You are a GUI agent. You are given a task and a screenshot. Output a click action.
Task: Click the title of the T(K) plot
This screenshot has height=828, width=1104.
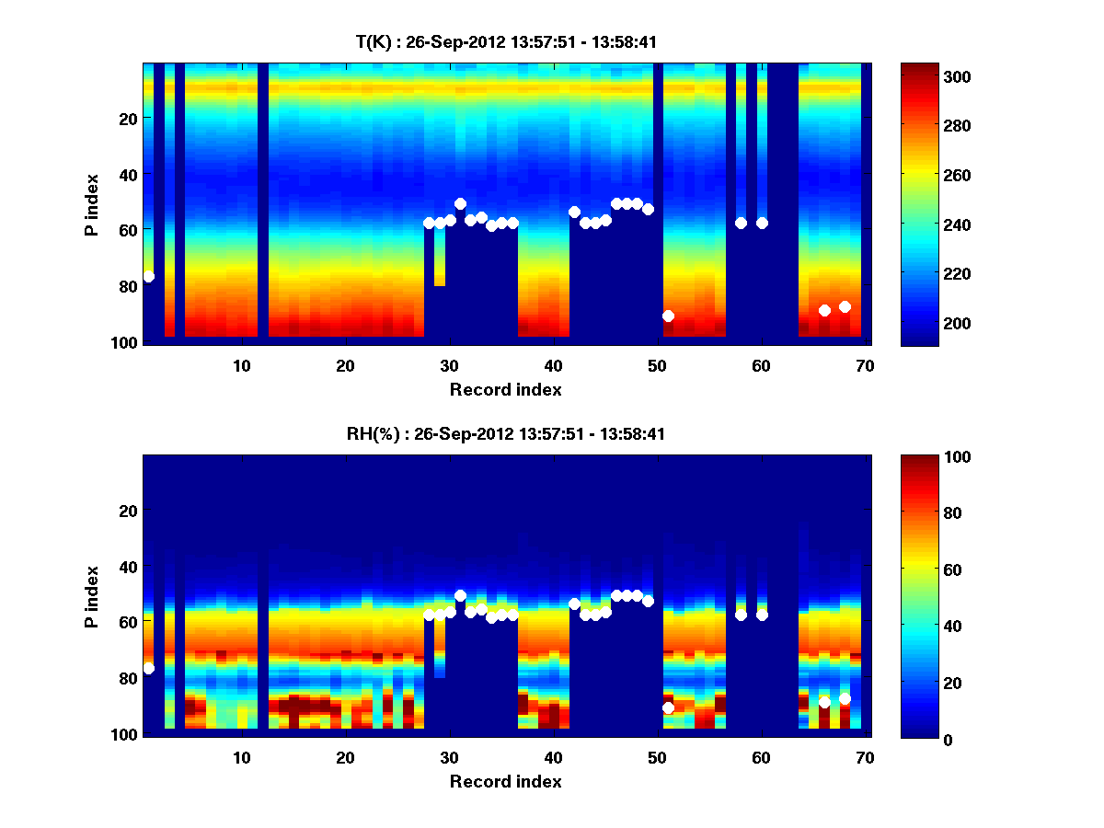pyautogui.click(x=506, y=42)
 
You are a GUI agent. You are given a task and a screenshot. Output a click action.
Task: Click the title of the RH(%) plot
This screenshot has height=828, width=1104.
pyautogui.click(x=506, y=434)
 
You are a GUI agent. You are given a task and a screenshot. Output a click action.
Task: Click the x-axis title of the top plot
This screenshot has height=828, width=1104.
pyautogui.click(x=506, y=389)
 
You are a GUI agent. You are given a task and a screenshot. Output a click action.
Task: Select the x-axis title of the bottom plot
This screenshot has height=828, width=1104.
pyautogui.click(x=506, y=781)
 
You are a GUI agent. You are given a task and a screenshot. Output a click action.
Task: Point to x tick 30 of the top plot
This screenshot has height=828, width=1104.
pyautogui.click(x=449, y=365)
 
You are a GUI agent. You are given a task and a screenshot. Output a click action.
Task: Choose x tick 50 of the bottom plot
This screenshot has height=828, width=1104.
pyautogui.click(x=657, y=757)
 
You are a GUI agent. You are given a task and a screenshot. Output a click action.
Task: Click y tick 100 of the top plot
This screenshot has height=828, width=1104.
pyautogui.click(x=126, y=342)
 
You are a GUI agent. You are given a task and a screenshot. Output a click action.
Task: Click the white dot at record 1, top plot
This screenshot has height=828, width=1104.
pyautogui.click(x=149, y=276)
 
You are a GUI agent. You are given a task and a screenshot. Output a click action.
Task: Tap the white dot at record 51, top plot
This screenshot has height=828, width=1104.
pyautogui.click(x=668, y=316)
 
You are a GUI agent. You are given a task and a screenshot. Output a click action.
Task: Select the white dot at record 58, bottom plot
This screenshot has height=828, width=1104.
pyautogui.click(x=741, y=615)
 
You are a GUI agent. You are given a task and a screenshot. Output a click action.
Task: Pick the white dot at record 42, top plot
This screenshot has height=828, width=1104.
pyautogui.click(x=574, y=212)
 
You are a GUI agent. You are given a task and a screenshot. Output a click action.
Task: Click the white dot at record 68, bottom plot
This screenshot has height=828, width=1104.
pyautogui.click(x=845, y=698)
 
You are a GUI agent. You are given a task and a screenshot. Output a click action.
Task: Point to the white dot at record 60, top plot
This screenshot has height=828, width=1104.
pyautogui.click(x=762, y=223)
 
